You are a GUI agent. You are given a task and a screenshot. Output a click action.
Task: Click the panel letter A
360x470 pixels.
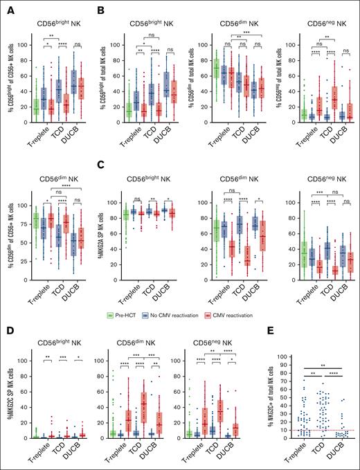coord(6,7)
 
